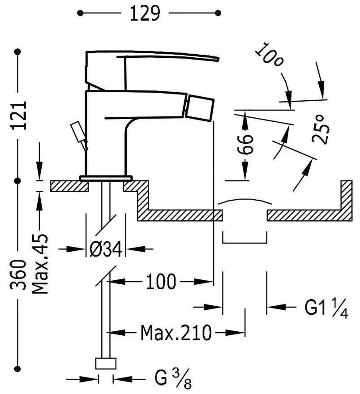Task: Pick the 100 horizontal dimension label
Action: (x=160, y=282)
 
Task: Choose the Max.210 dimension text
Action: (x=176, y=333)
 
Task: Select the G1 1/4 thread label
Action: (x=326, y=308)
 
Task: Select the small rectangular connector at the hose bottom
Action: (x=106, y=363)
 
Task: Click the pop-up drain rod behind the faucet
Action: (x=78, y=132)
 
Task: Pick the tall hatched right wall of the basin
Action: (x=346, y=197)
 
